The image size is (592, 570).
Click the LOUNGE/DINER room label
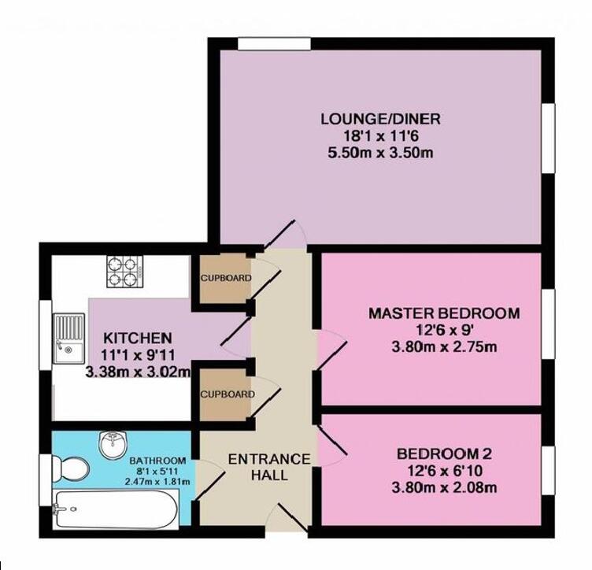[x=379, y=120]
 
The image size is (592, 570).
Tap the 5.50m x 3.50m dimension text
[x=379, y=153]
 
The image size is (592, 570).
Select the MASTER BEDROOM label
[x=444, y=313]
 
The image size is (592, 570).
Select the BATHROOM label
[x=158, y=461]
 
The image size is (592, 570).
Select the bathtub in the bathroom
[x=115, y=509]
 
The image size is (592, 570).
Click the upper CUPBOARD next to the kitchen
[x=225, y=278]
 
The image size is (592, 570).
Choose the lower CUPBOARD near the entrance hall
[x=225, y=394]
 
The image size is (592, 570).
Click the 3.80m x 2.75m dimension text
[x=444, y=346]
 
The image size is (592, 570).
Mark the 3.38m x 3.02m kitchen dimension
[x=138, y=368]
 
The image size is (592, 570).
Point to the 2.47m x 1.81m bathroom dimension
[x=158, y=480]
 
